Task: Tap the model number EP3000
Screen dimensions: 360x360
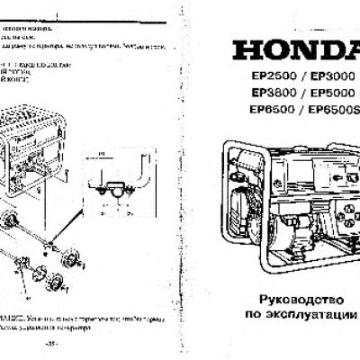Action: [x=328, y=77]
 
